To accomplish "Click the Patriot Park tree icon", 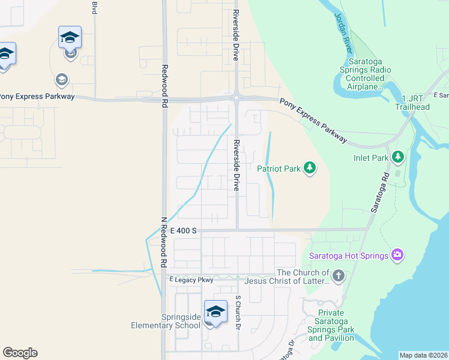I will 309,167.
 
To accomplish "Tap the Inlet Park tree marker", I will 397,157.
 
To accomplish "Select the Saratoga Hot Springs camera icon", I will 397,256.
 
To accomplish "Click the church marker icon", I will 339,277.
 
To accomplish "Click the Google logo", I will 20,353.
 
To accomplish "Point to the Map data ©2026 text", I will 423,355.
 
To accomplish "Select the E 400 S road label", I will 184,230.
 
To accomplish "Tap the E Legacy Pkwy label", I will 191,280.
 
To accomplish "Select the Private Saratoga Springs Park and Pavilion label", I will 331,325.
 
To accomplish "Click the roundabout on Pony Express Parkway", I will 237,98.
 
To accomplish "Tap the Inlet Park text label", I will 372,158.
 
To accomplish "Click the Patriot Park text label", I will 279,169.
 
